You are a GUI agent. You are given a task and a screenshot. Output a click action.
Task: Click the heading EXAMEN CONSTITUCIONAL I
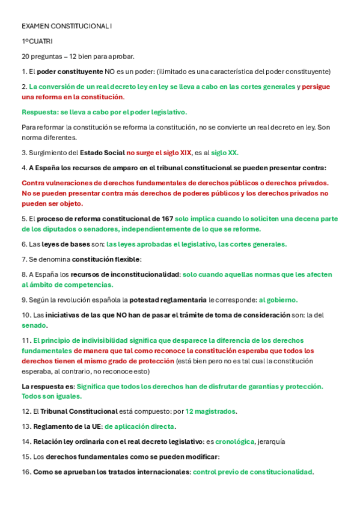[66, 27]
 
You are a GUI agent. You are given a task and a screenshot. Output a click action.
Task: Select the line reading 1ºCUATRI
[37, 41]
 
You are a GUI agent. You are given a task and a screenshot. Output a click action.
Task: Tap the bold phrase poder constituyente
[70, 72]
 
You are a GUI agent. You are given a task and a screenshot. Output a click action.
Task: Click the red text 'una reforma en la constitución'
[73, 97]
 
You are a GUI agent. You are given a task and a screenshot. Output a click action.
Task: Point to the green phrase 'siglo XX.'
[225, 153]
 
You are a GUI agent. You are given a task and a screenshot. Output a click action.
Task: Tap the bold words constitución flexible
[106, 259]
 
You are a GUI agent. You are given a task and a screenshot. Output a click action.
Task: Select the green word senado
[34, 325]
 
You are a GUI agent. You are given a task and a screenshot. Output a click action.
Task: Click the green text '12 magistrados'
[210, 411]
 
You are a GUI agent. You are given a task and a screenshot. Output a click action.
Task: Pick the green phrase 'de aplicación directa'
[140, 426]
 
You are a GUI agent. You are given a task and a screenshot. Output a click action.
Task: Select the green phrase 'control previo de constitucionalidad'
[252, 472]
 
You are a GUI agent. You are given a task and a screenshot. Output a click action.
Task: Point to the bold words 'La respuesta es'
[48, 386]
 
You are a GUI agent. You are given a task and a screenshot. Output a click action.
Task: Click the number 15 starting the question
[25, 457]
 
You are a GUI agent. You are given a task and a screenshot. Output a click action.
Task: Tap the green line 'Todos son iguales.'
[52, 396]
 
